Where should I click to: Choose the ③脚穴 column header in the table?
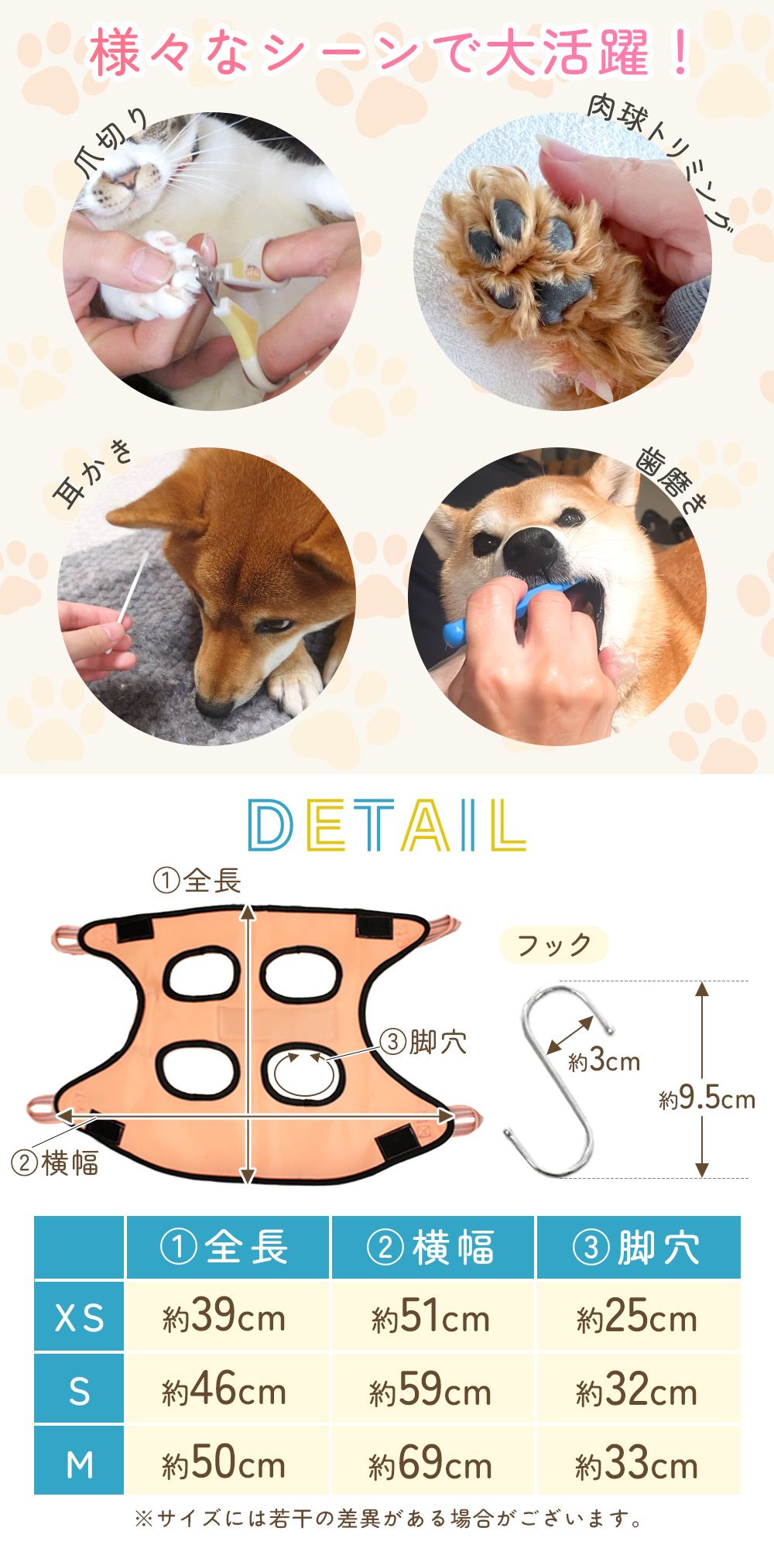pos(638,1247)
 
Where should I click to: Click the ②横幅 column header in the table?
pos(432,1247)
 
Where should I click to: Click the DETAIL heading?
pos(386,826)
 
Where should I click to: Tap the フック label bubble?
pos(554,945)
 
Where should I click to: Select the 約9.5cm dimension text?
pos(707,1098)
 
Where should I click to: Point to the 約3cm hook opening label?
pos(604,1060)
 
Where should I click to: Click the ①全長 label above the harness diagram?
pos(197,881)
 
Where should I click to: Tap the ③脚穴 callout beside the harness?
pos(423,1043)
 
